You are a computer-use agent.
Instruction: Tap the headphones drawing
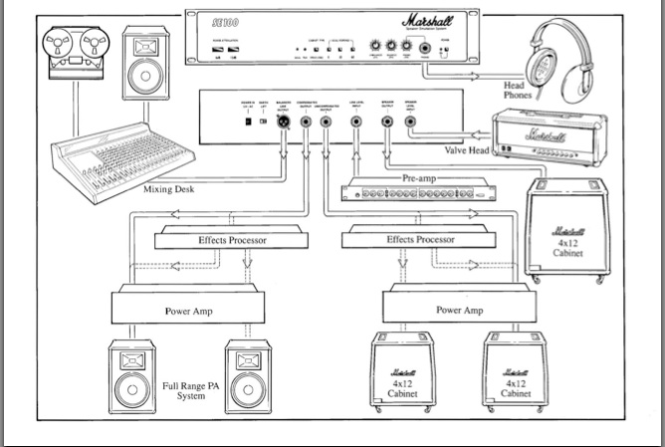point(555,57)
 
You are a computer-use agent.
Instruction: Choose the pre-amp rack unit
point(419,191)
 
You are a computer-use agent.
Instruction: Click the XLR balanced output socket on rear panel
point(283,121)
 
